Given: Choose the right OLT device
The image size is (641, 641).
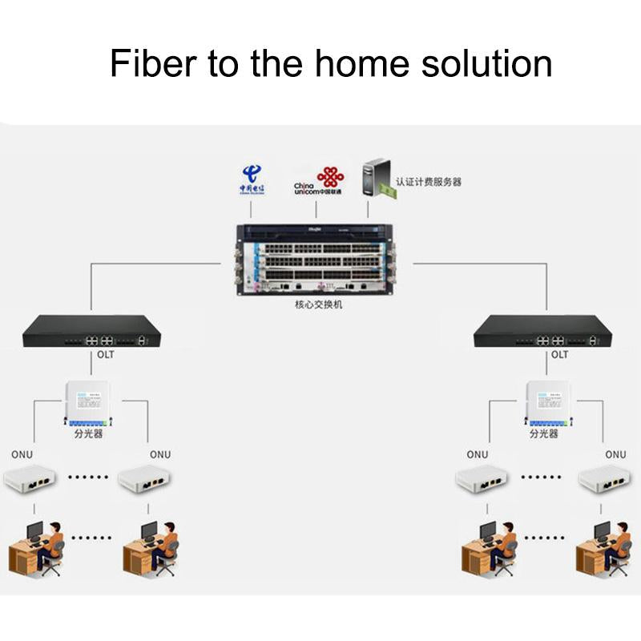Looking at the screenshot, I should pos(542,331).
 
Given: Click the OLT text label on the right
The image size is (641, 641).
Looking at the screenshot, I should pos(558,354).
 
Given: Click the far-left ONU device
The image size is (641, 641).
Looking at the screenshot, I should pos(30,479).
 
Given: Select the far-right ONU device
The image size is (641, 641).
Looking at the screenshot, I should pos(603,479).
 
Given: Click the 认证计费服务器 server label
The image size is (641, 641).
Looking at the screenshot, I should pos(429,182).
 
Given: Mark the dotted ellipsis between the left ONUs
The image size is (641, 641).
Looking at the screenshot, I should pos(88,477).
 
